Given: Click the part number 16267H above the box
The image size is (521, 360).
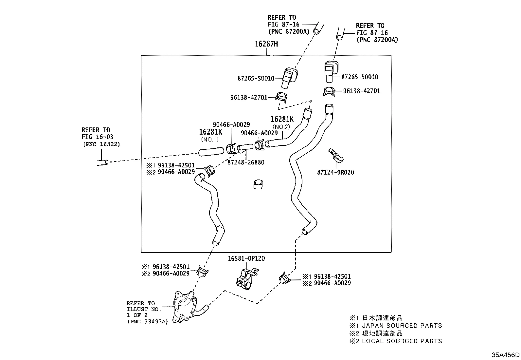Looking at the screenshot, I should tap(266, 44).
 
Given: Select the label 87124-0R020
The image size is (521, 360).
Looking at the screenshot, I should tap(335, 172).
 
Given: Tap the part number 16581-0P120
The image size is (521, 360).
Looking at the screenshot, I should tap(246, 258).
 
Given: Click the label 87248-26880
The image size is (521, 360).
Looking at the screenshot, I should tap(246, 162).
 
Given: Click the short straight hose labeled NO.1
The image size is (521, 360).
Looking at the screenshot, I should tap(211, 152).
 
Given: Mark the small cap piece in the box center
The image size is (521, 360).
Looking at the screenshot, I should tap(258, 184).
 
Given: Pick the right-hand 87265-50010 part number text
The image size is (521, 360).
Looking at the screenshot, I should tap(359, 77).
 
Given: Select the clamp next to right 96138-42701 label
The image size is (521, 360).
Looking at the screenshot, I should tap(329, 92).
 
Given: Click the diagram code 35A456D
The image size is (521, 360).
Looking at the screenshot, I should tap(506, 355).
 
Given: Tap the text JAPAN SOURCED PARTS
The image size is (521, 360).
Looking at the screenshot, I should tap(402, 326).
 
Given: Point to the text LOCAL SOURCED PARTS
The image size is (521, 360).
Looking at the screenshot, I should tap(402, 341).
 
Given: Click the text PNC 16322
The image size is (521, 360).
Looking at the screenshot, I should tap(101, 144).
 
